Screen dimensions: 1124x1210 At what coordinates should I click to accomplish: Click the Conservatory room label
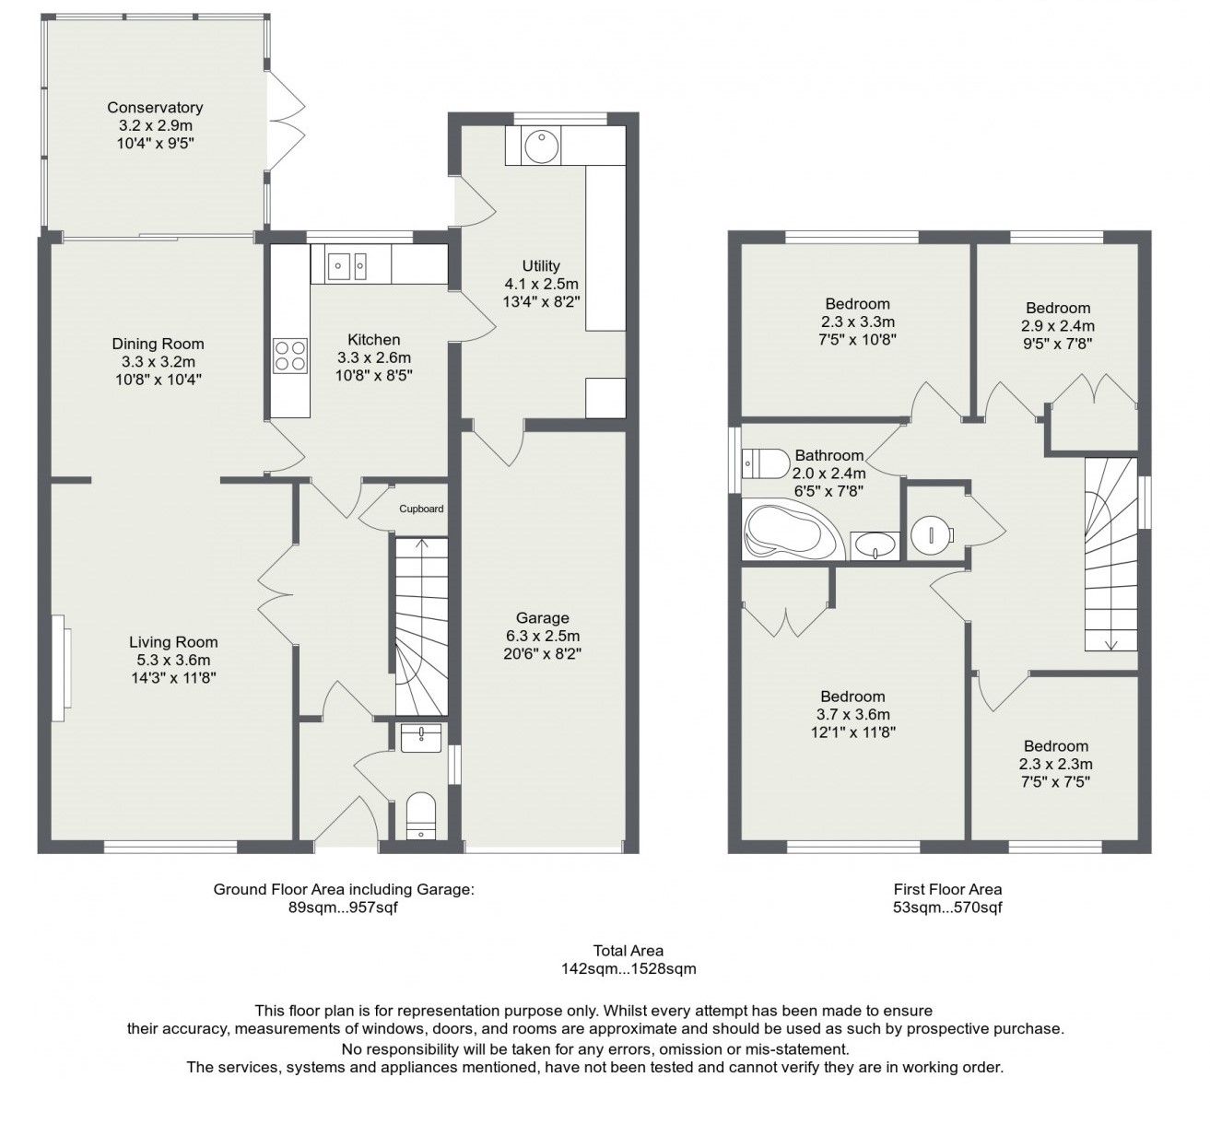155,108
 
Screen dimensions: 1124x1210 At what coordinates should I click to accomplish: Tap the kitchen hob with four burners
289,355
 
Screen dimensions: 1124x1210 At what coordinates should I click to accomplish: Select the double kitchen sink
349,267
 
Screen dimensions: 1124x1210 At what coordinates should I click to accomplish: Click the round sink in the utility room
536,145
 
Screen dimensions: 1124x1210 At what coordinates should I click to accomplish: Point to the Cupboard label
421,509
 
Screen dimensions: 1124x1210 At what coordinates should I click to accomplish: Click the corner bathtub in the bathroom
791,533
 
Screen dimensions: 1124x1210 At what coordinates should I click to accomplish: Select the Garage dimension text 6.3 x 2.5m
542,636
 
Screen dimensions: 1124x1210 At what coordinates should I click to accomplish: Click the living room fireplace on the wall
61,668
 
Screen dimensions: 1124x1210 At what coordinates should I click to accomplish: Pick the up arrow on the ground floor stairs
422,545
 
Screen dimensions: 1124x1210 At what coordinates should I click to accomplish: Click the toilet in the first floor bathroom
765,463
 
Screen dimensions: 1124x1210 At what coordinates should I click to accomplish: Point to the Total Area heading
628,951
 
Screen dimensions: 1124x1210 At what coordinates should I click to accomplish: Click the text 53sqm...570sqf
946,907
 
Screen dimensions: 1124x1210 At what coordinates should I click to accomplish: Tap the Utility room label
541,266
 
